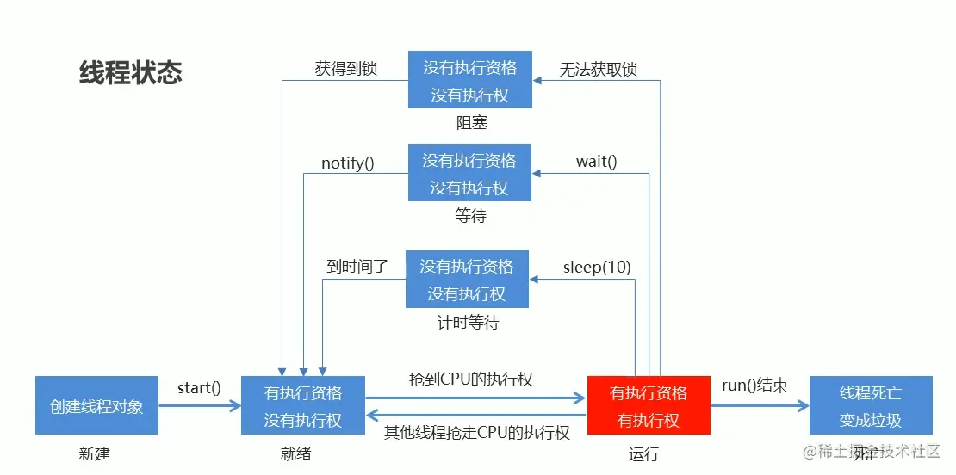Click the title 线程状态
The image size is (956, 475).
[131, 73]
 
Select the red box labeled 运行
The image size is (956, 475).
[649, 405]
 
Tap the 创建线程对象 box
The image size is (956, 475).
[96, 405]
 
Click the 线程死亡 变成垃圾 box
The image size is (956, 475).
[871, 405]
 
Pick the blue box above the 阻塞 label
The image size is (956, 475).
[469, 80]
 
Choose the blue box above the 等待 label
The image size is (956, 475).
[469, 173]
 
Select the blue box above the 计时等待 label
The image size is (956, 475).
[467, 279]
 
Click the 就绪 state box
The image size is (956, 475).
[303, 405]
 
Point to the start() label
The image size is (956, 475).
[199, 387]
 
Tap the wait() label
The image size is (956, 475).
[597, 162]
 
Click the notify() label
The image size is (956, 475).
[348, 163]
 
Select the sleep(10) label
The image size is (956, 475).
[597, 267]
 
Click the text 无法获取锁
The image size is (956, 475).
[599, 70]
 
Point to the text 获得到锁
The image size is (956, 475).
[346, 69]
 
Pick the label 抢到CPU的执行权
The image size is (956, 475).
[471, 379]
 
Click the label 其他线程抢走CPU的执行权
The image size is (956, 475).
[476, 432]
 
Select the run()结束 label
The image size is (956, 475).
[754, 386]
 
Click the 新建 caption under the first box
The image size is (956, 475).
[94, 453]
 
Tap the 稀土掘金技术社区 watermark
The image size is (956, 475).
[872, 452]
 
